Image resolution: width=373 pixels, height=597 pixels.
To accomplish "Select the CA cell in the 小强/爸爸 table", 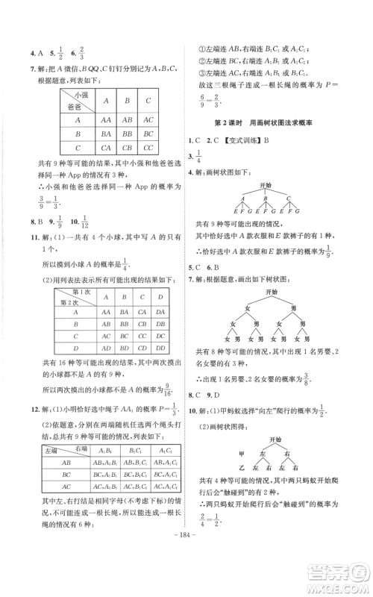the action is (x=106, y=148).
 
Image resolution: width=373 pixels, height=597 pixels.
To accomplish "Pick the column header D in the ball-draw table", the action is (x=163, y=298).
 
